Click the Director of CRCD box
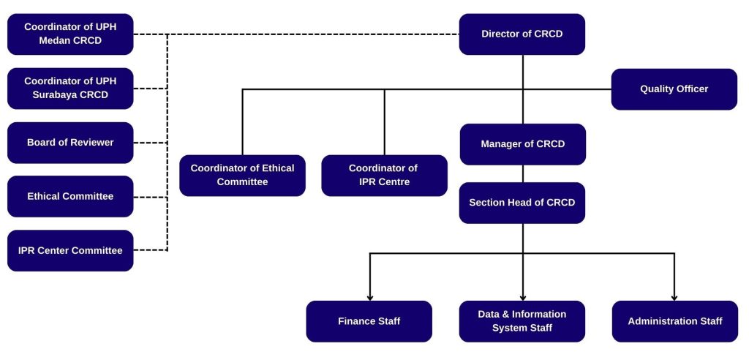click(x=522, y=34)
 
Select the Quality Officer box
click(x=674, y=89)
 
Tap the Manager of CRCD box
click(x=522, y=144)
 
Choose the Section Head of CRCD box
click(x=522, y=203)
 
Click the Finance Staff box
click(x=369, y=321)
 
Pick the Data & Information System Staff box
click(x=522, y=321)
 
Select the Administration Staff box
click(x=674, y=321)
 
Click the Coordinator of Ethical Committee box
click(x=242, y=175)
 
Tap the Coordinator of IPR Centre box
click(x=384, y=175)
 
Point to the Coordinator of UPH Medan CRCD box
click(x=70, y=34)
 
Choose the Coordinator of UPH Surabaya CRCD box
click(x=70, y=89)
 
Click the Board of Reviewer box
click(x=70, y=143)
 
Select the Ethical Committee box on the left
click(x=70, y=196)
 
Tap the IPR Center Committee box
click(x=70, y=250)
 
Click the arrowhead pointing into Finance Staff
click(x=370, y=297)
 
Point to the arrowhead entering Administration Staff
click(x=674, y=297)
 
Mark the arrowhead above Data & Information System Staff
click(x=523, y=297)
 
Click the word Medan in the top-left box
click(x=55, y=41)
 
